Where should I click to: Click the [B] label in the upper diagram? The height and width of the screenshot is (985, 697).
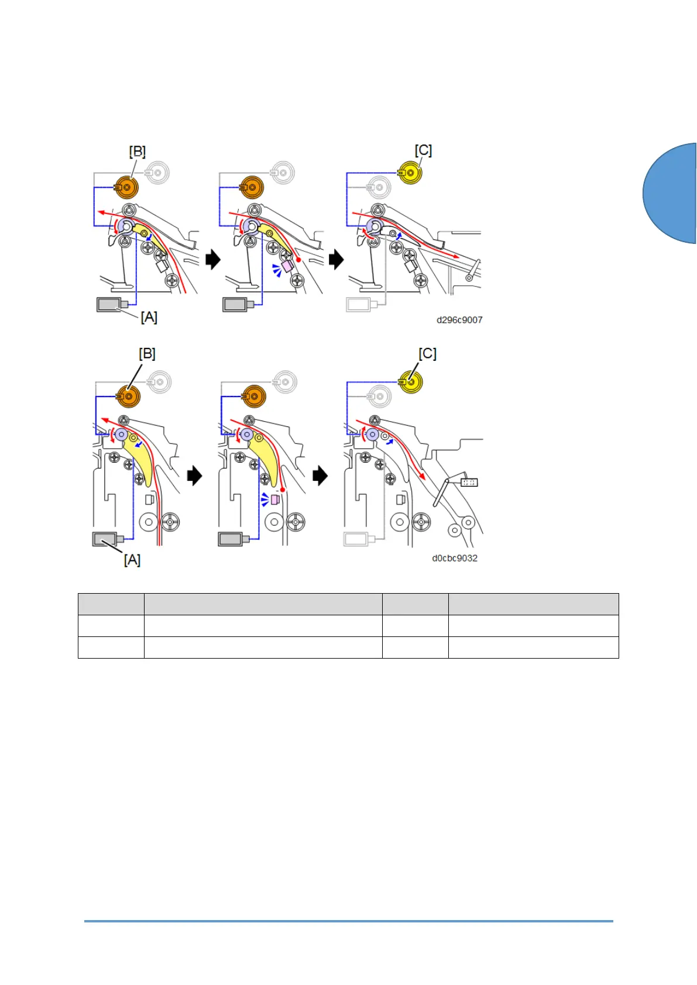coord(137,152)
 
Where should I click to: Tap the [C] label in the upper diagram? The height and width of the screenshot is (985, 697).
coord(423,150)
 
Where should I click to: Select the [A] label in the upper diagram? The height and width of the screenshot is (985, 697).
coord(149,317)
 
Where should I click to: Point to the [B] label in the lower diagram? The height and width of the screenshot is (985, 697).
coord(147,354)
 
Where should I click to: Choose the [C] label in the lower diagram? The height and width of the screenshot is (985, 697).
coord(427,354)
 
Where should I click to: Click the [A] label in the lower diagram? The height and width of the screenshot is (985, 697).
coord(132,560)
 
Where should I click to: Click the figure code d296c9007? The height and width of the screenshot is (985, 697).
coord(459,320)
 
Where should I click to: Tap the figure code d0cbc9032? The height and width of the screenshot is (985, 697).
coord(455,558)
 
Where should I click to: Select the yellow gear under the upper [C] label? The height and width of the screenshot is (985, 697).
coord(410,173)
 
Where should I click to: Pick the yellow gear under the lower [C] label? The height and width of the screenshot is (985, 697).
coord(411,382)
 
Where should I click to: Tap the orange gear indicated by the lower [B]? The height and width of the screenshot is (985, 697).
coord(128,396)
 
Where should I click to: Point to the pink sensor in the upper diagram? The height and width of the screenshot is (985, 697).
coord(287,266)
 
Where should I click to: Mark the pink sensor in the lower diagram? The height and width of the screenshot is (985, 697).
coord(276,500)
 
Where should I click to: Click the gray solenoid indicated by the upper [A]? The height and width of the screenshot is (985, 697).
coord(109,304)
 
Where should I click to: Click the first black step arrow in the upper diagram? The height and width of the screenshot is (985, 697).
coord(213,259)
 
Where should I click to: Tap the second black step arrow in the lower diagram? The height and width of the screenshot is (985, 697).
coord(320,476)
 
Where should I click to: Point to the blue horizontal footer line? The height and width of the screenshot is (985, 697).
coord(348,921)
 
